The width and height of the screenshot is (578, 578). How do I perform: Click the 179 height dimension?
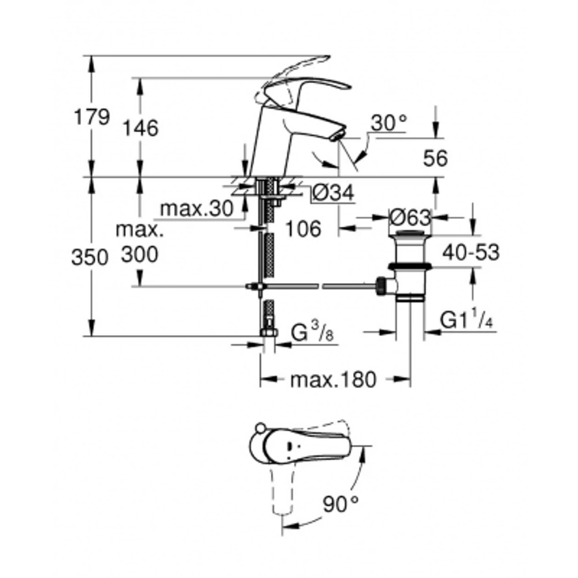[x=91, y=117]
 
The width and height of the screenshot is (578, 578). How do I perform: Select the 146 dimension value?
[x=141, y=128]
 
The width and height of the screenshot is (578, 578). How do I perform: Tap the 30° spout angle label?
[x=389, y=123]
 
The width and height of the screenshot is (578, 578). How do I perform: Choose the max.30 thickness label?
[x=195, y=209]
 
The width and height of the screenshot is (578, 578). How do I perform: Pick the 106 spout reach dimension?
[x=303, y=229]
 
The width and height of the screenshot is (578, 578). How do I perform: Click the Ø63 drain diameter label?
[x=410, y=218]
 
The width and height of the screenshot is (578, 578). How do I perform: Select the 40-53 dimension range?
[x=471, y=252]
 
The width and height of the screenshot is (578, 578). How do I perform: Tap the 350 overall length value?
[x=90, y=257]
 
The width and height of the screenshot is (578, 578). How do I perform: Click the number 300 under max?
[x=139, y=254]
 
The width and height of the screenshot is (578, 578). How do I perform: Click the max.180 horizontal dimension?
[x=334, y=380]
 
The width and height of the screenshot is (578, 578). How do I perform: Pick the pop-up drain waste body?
[x=410, y=266]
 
